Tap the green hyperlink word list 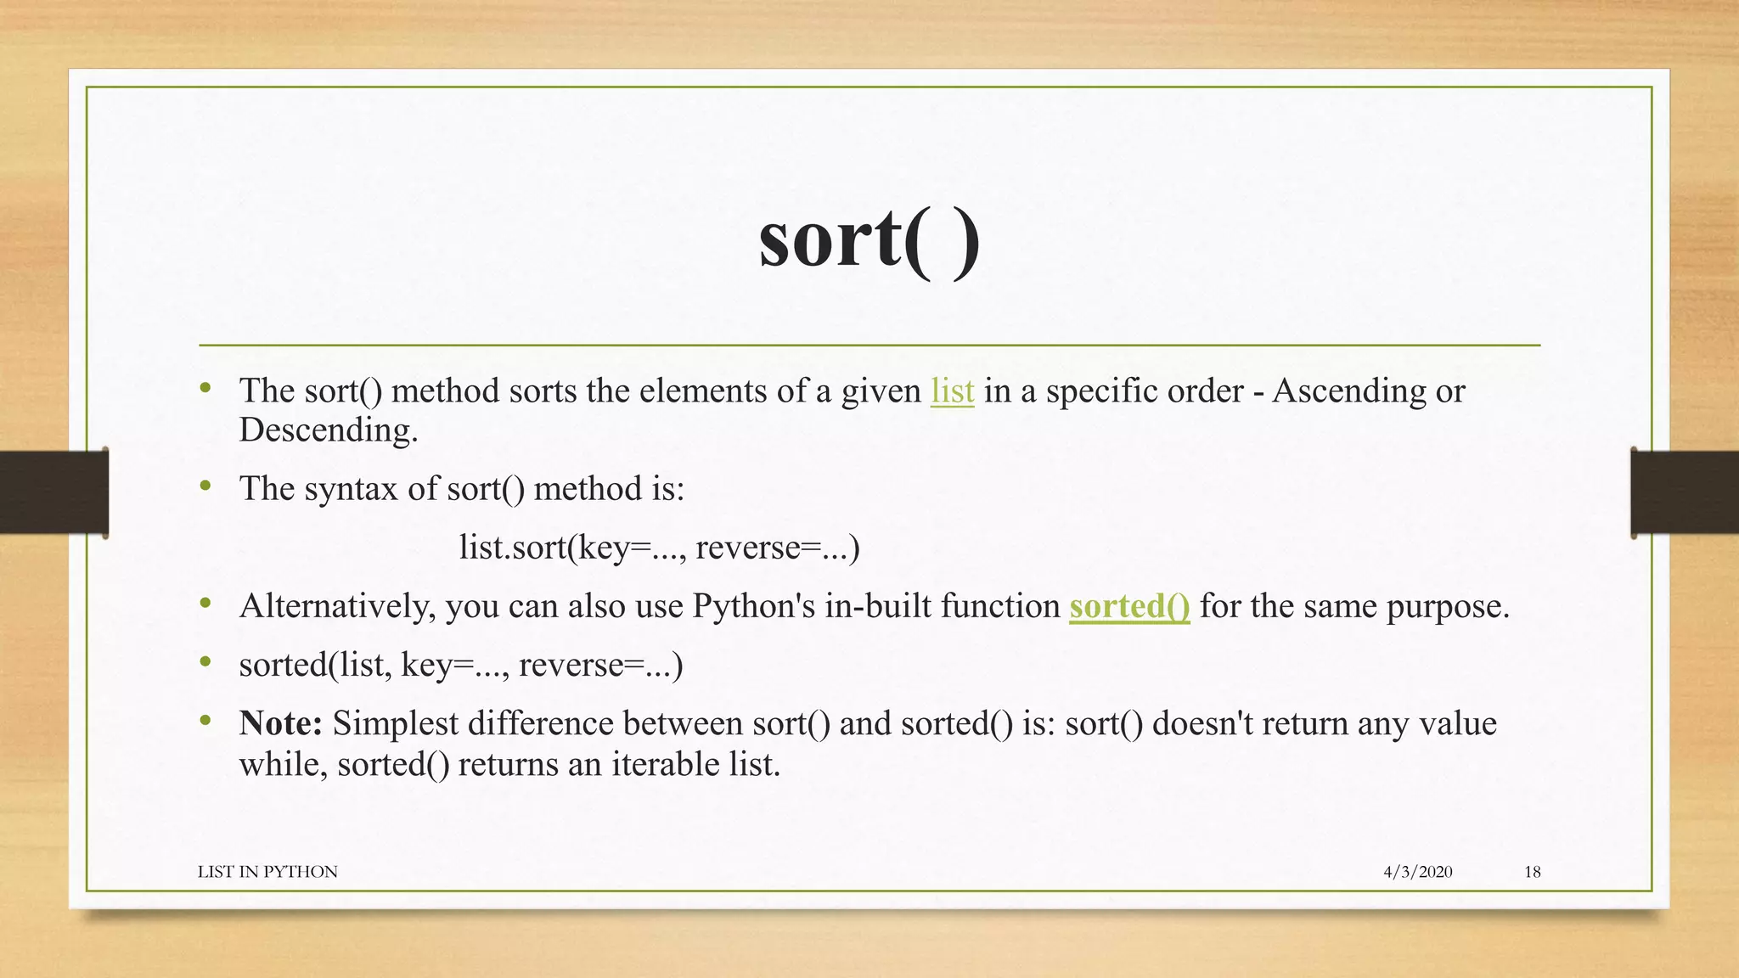click(x=952, y=391)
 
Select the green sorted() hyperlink click(x=1129, y=606)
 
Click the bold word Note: click(x=281, y=723)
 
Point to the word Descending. click(x=328, y=430)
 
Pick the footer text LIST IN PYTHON click(x=267, y=872)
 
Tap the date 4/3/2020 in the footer click(x=1417, y=872)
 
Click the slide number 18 click(x=1532, y=872)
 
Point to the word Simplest click(x=396, y=723)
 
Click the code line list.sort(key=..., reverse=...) click(x=659, y=548)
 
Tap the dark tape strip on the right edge click(x=1685, y=492)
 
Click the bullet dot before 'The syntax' click(x=205, y=486)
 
